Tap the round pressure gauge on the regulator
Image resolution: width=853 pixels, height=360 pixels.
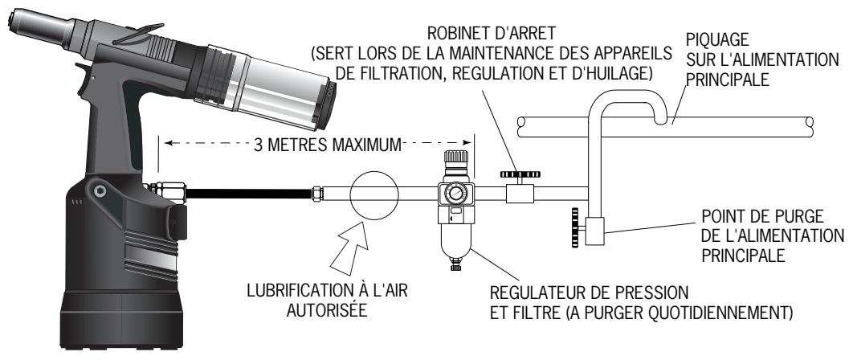(455, 193)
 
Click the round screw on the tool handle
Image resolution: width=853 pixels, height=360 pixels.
(100, 190)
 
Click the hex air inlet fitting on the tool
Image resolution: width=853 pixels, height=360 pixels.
(171, 193)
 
